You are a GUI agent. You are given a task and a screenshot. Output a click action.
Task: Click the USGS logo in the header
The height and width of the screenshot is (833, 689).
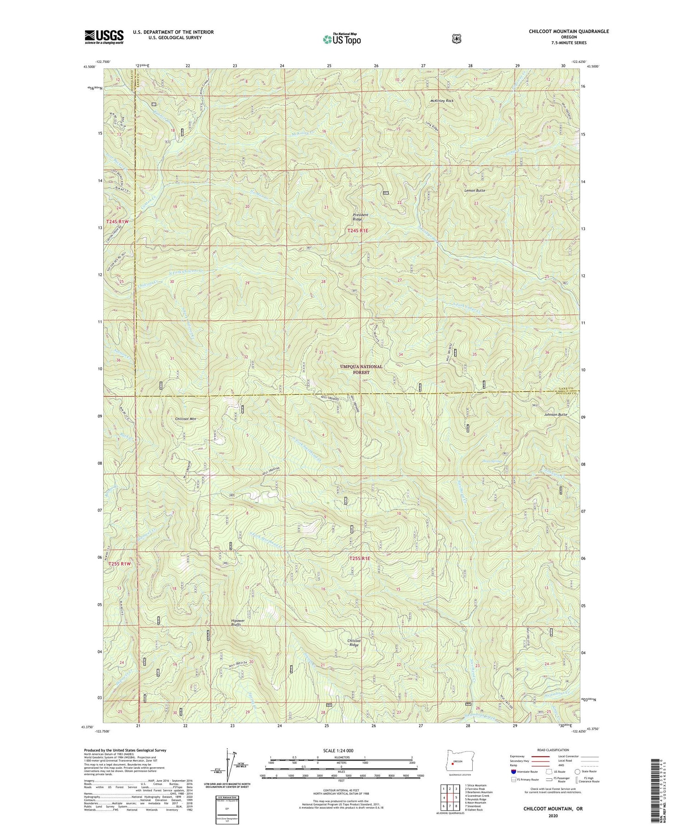(104, 37)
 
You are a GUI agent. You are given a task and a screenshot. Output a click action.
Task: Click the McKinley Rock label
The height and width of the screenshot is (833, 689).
(441, 101)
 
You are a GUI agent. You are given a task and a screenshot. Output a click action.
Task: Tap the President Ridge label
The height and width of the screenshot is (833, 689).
(361, 217)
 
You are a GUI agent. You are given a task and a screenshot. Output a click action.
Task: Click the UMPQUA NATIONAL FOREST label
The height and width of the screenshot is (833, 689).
(361, 369)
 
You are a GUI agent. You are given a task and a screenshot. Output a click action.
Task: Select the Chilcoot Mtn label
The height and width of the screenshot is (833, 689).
(186, 419)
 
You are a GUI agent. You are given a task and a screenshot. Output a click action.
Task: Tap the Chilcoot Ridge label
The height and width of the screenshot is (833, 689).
(353, 643)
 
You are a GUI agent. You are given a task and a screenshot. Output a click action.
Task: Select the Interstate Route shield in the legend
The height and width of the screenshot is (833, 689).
(513, 771)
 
